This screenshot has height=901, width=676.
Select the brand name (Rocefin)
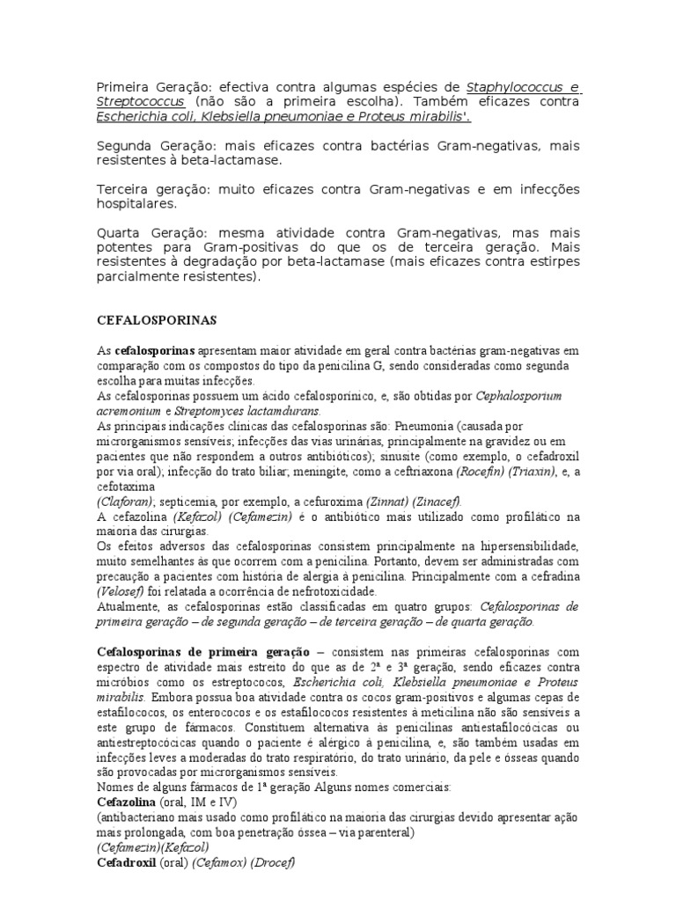pos(476,472)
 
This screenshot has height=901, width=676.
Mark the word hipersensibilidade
pos(525,546)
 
